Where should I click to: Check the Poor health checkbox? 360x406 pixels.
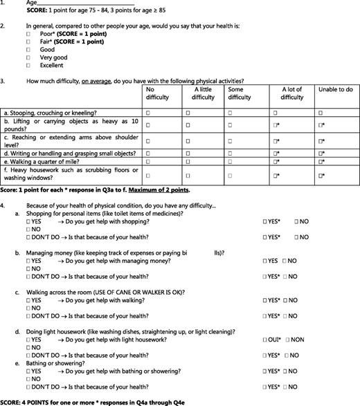28,33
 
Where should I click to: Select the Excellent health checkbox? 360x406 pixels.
28,66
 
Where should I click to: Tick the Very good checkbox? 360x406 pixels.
28,57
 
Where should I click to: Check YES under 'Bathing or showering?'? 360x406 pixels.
28,371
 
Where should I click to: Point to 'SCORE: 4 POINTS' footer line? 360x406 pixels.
83,402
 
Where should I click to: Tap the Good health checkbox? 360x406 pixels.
28,50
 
